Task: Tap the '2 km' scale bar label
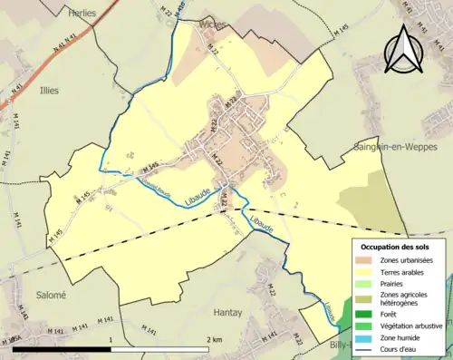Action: click(x=213, y=339)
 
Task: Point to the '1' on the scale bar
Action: click(x=111, y=339)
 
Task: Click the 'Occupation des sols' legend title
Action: click(x=397, y=247)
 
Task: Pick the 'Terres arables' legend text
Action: click(x=405, y=271)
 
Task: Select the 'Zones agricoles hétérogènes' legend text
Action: click(x=405, y=298)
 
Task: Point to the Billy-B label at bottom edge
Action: click(x=342, y=345)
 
